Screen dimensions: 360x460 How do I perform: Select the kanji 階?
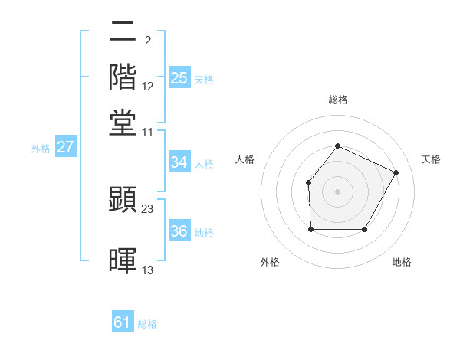pos(123,77)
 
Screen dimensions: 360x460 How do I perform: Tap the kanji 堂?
pos(123,123)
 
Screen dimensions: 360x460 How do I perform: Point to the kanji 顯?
pos(123,198)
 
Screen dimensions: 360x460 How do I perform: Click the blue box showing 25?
pos(179,78)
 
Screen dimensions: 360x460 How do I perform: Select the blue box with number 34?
pos(179,162)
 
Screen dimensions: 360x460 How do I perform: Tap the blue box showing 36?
pos(179,231)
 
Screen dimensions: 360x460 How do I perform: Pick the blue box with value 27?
pos(65,147)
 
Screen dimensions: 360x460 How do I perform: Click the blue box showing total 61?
pos(123,322)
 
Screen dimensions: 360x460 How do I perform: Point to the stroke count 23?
pos(148,208)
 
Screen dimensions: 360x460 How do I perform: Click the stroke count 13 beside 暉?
pos(148,270)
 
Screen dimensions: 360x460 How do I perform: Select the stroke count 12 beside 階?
pos(148,87)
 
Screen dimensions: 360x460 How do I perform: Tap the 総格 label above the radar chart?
pos(337,100)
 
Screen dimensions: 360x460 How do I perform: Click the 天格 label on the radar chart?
pos(431,159)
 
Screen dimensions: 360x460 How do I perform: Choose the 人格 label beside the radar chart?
pos(245,159)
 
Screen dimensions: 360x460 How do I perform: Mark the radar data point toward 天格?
pos(396,172)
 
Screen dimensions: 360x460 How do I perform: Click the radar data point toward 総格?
pos(337,146)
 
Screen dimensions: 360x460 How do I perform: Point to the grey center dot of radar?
pos(337,191)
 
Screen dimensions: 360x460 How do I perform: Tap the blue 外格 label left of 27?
pos(41,149)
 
